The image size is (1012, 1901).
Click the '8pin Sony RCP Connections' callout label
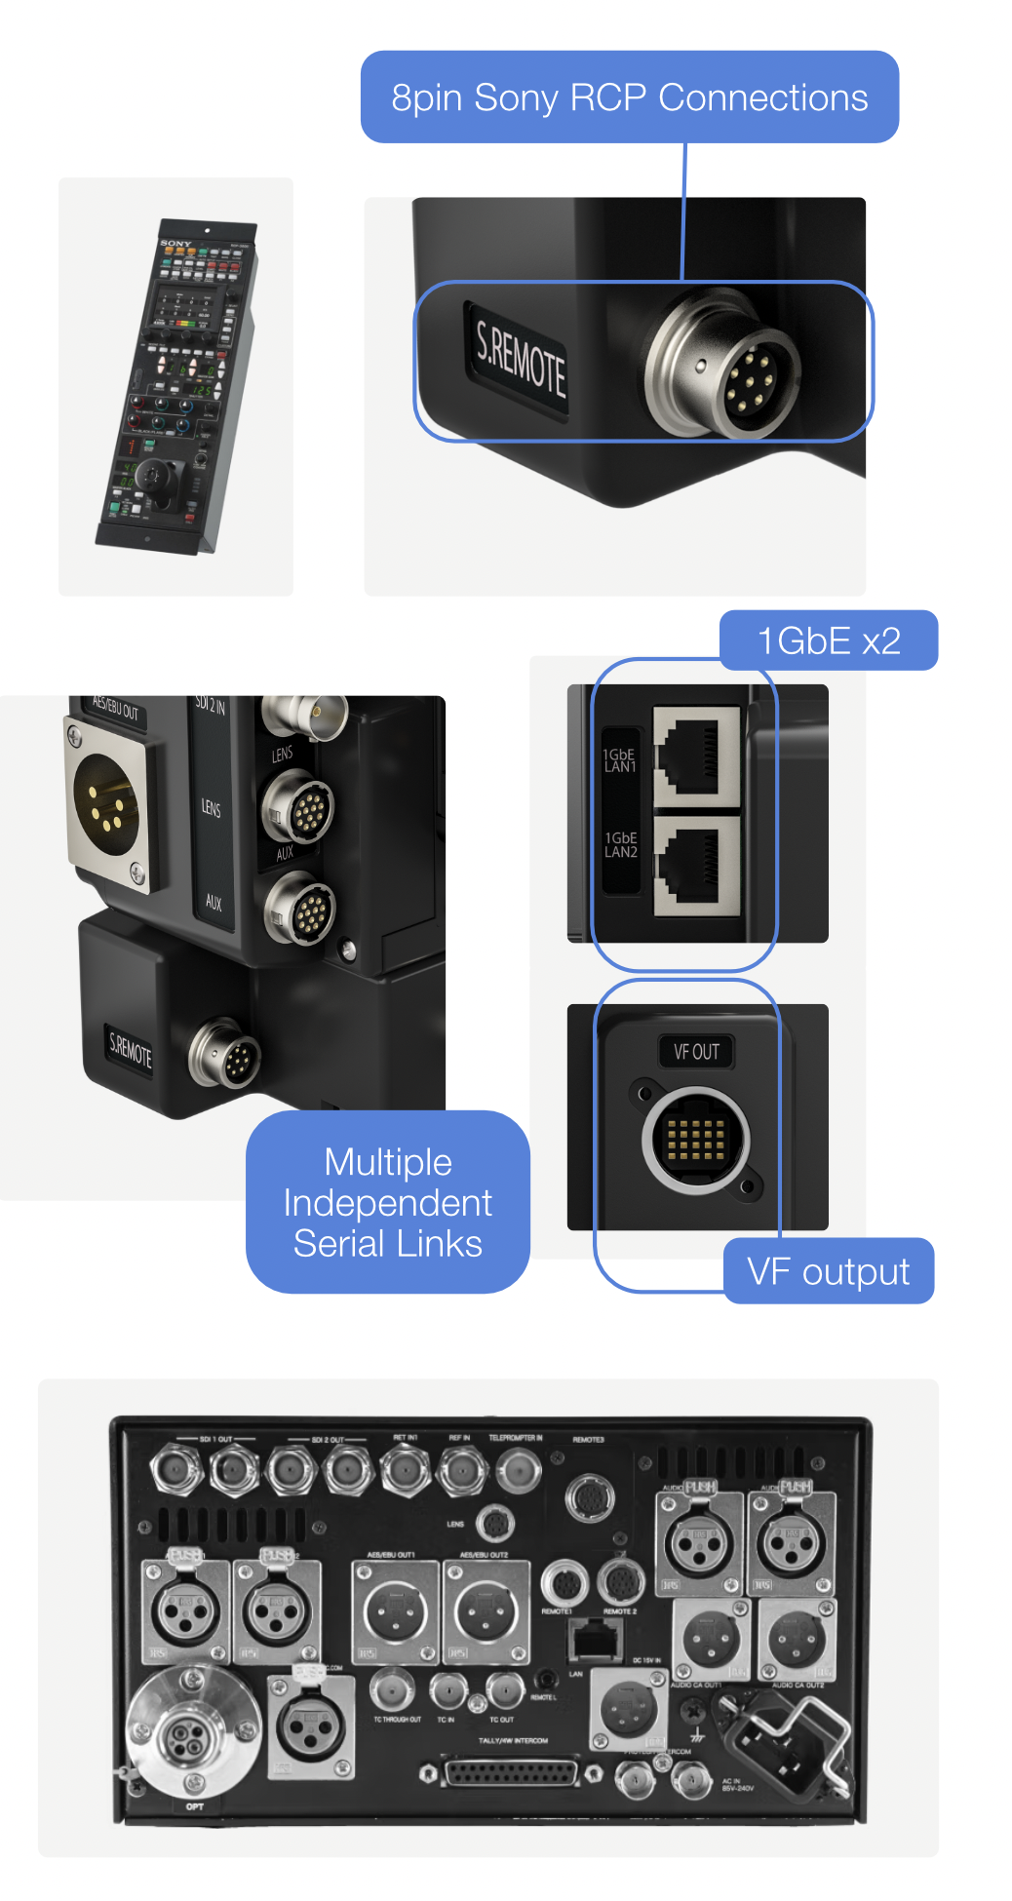(629, 97)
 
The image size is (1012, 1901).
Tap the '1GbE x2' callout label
(829, 640)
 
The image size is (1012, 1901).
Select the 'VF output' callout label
(828, 1271)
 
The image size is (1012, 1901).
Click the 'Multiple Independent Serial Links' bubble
(387, 1202)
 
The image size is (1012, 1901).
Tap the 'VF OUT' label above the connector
(696, 1052)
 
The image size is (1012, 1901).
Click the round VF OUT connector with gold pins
(695, 1140)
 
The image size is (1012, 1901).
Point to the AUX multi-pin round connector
(299, 910)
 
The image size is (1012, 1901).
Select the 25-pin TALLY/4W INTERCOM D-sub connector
(511, 1772)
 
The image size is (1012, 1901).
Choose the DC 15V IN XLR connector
(628, 1709)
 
